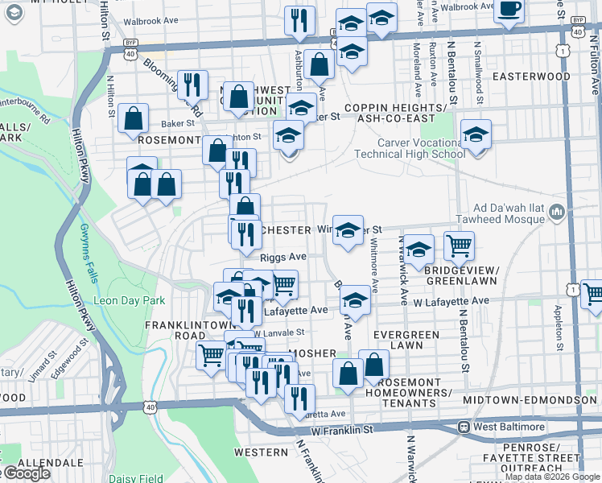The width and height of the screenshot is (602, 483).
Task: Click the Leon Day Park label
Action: click(x=130, y=300)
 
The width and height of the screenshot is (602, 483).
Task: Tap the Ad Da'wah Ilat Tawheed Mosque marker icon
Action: click(x=557, y=213)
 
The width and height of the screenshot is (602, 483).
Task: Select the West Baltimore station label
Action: click(x=501, y=426)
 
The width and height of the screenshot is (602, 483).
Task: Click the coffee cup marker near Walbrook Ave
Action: click(x=509, y=10)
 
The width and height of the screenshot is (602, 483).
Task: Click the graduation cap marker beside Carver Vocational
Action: click(x=476, y=134)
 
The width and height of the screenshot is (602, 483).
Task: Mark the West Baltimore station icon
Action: click(x=464, y=426)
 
